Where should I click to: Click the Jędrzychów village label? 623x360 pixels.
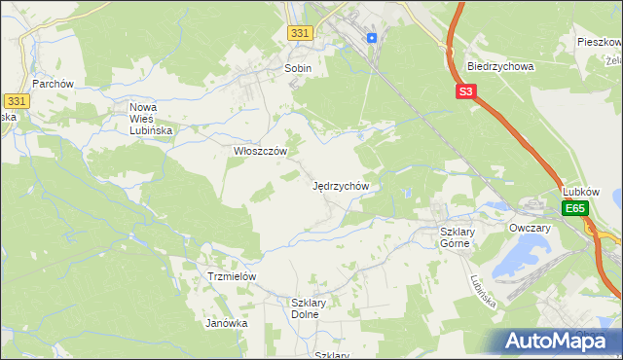click(x=340, y=185)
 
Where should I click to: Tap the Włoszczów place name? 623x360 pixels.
click(x=260, y=152)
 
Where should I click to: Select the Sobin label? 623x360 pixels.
click(x=297, y=68)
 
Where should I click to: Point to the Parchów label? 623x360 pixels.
click(x=53, y=84)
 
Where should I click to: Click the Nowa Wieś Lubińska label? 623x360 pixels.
click(x=151, y=117)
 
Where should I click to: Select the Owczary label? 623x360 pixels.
click(x=531, y=228)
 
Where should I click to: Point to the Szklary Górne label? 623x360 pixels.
click(x=455, y=236)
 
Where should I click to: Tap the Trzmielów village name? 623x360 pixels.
click(x=232, y=276)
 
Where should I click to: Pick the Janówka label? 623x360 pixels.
click(x=226, y=323)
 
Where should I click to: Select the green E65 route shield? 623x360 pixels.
click(x=575, y=208)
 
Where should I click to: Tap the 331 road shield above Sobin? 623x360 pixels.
click(x=301, y=33)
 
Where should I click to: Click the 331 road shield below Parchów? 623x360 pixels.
click(x=16, y=101)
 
